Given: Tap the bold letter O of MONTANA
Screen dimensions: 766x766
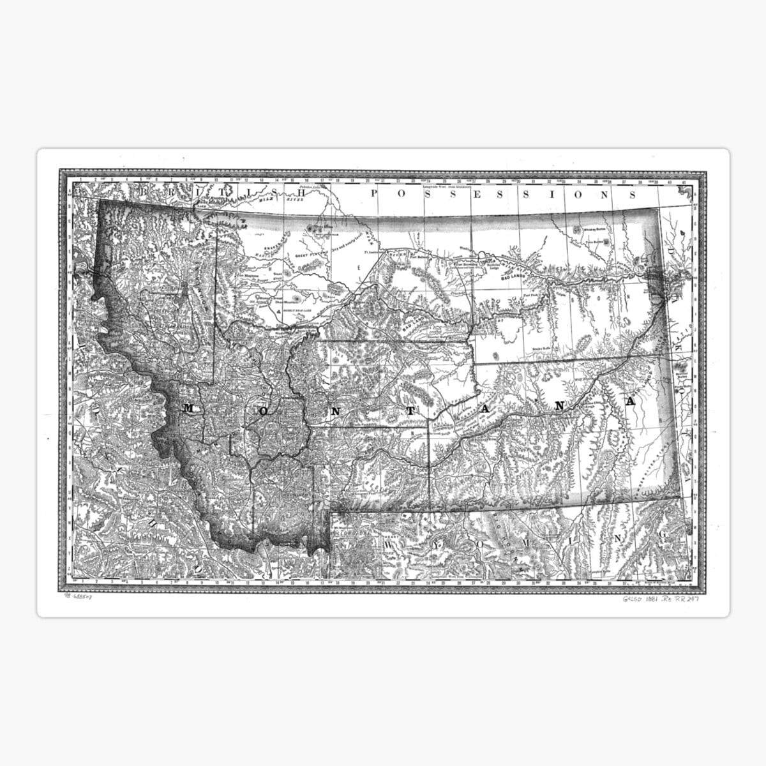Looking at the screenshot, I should click(264, 411).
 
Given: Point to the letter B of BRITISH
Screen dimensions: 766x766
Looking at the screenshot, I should click(146, 191).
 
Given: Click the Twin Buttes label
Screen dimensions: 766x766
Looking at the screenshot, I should click(594, 242).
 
